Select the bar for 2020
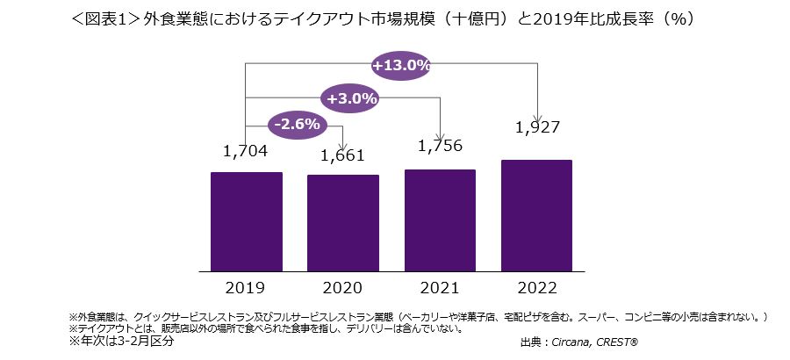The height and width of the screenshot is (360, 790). [343, 223]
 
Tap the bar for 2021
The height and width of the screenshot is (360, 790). [440, 220]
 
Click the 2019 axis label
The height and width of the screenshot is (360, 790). [247, 287]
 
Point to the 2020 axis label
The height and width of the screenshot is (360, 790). [343, 287]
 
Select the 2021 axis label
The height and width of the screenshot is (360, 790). [440, 287]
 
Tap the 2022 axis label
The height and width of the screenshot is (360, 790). [536, 287]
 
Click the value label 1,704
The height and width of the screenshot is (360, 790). [247, 151]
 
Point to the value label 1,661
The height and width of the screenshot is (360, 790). [343, 156]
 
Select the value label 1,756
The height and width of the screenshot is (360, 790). [440, 145]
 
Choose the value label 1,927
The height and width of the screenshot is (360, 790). [536, 128]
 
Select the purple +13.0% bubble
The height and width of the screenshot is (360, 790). [400, 66]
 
